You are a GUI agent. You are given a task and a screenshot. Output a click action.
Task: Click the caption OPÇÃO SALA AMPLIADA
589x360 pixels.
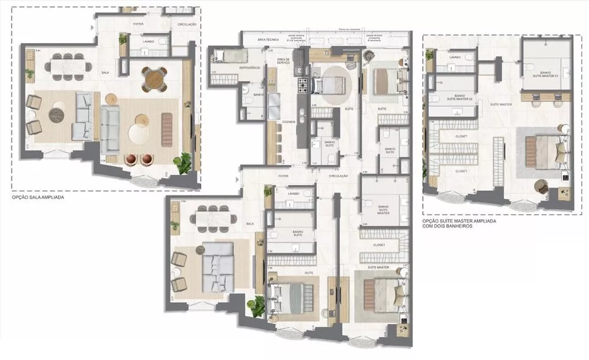coord(38,198)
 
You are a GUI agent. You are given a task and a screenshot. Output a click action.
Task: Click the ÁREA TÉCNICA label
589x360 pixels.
coord(267,39)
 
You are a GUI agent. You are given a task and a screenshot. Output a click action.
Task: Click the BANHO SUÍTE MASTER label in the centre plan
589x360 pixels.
coord(383,209)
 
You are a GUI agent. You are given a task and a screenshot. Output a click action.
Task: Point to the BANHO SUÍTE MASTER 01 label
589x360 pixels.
coord(544,73)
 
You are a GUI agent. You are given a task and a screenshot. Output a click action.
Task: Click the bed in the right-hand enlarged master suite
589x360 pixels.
coord(542,151)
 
